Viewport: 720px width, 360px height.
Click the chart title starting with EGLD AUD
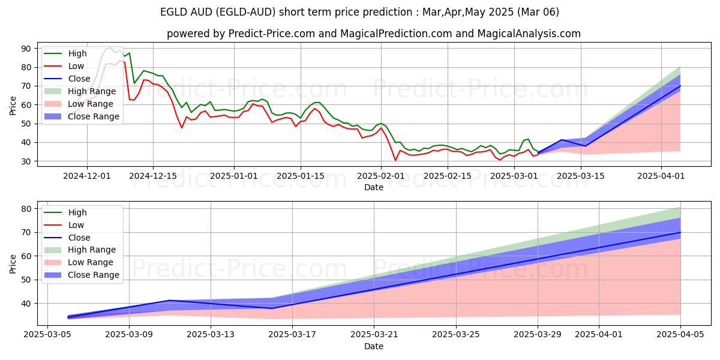[x=360, y=12]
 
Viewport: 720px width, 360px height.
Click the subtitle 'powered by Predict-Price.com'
[x=373, y=34]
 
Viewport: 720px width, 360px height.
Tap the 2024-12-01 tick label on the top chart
[x=87, y=176]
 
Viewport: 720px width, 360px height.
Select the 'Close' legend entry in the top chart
[x=79, y=79]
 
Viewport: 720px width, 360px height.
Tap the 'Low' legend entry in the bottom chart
[x=76, y=225]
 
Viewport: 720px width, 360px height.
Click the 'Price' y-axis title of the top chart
[x=13, y=105]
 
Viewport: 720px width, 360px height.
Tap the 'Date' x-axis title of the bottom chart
[x=373, y=346]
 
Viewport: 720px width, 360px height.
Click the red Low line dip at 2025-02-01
[x=395, y=160]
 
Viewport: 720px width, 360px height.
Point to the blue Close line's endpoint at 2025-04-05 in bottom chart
[x=680, y=232]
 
